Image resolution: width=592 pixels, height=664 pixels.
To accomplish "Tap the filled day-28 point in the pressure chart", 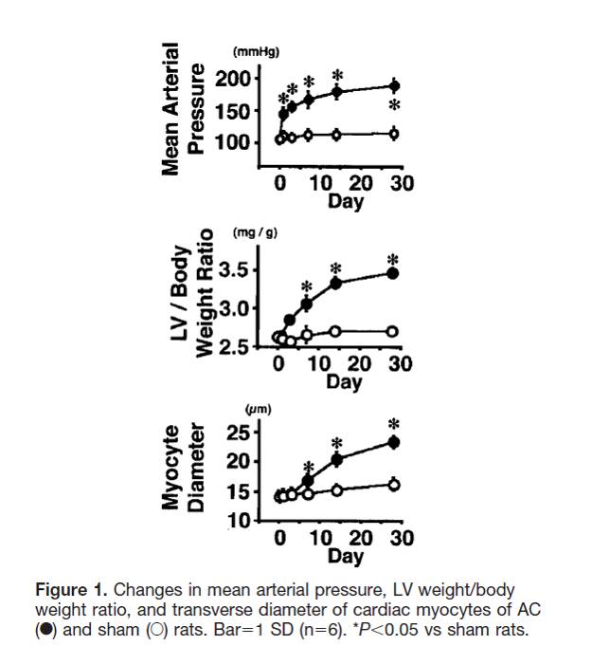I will tap(394, 86).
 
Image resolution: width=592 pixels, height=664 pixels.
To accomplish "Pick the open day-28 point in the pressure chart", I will tap(394, 134).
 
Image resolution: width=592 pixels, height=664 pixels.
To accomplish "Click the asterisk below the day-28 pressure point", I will tap(395, 106).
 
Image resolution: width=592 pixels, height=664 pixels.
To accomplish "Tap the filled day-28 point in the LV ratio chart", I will tap(393, 274).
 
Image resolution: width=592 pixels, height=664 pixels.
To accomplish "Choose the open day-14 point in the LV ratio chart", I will tap(335, 331).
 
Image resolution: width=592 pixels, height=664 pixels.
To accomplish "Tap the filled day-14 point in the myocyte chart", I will tap(336, 460).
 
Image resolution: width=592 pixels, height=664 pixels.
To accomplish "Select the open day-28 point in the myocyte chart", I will tap(394, 484).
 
